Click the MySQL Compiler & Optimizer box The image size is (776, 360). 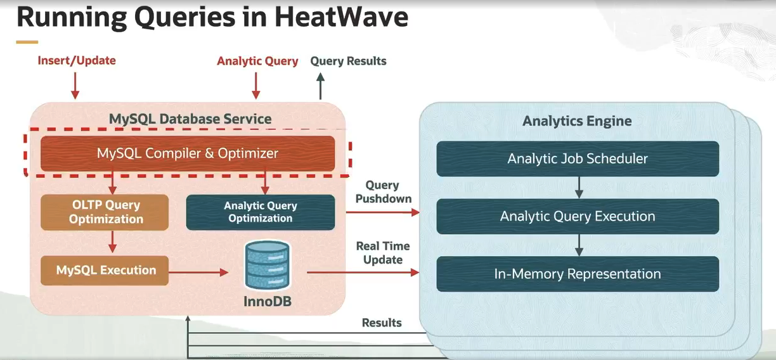188,153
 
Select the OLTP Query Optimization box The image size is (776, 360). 105,212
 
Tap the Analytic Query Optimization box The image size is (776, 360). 260,212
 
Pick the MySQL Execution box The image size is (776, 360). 105,271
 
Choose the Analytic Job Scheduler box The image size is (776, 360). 577,158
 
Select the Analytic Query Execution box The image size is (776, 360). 577,217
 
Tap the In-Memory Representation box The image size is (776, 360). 577,274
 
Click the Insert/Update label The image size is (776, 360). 77,61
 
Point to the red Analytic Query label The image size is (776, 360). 257,61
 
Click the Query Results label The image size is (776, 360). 348,61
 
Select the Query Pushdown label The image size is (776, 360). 382,191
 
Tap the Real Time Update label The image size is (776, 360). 382,252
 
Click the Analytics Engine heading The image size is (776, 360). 577,121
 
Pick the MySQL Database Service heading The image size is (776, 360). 190,119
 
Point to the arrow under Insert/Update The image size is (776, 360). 75,85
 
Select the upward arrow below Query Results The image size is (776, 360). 320,86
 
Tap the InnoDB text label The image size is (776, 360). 267,301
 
